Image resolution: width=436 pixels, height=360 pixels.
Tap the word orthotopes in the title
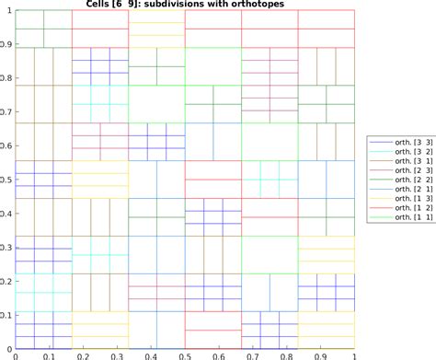pyautogui.click(x=253, y=5)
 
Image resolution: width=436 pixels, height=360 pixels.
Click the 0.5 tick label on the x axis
pyautogui.click(x=186, y=354)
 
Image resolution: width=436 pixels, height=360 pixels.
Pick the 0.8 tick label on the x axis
pyautogui.click(x=287, y=354)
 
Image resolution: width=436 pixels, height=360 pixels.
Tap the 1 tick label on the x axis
pyautogui.click(x=355, y=354)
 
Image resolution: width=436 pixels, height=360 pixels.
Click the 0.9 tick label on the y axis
pyautogui.click(x=6, y=44)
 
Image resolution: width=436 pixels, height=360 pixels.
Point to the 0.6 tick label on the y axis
pyautogui.click(x=6, y=145)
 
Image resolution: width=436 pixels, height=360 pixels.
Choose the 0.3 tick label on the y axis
pyautogui.click(x=6, y=248)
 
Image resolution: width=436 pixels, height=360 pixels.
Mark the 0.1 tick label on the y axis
pyautogui.click(x=6, y=315)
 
